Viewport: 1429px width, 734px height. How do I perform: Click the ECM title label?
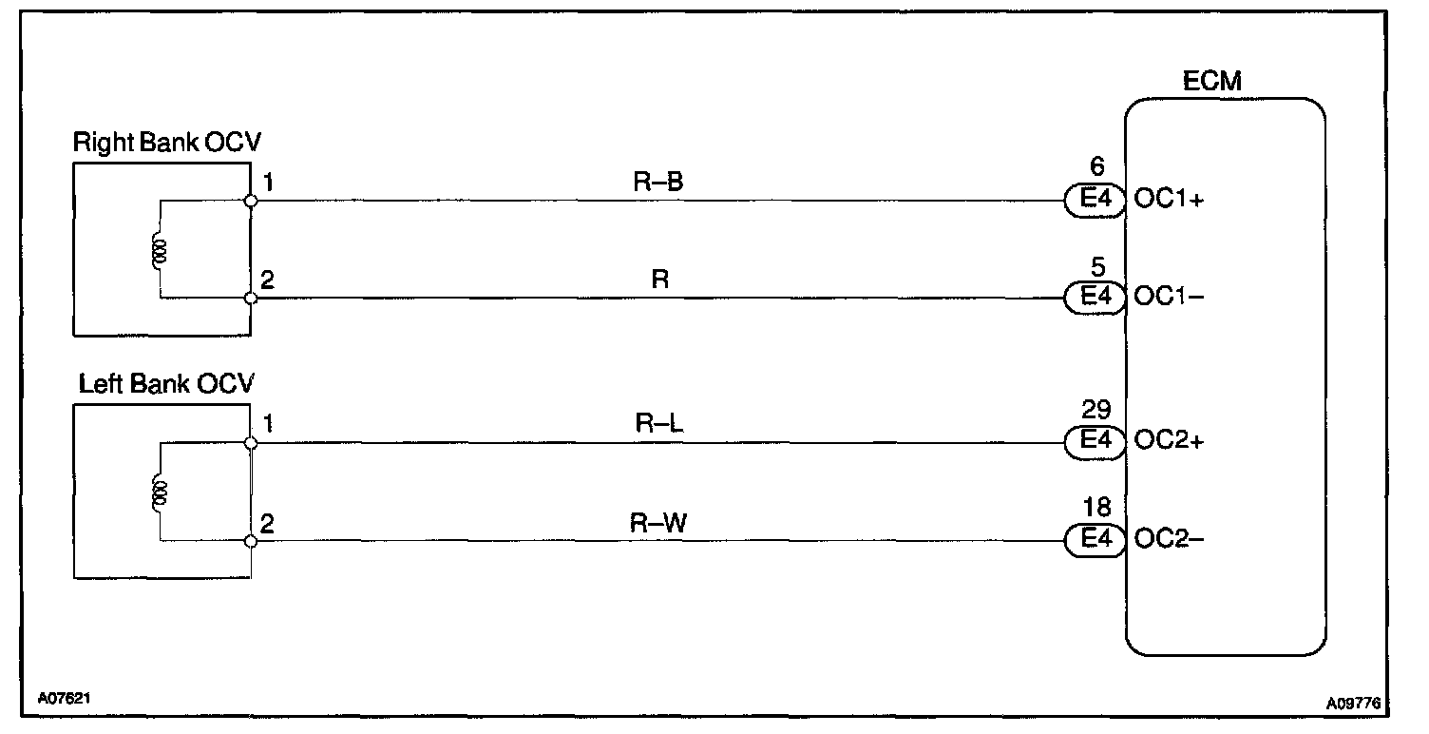pos(1211,81)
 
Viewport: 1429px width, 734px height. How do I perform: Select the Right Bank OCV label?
pos(167,143)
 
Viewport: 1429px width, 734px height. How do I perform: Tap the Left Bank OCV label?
pos(167,384)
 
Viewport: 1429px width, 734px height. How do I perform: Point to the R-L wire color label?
pos(657,424)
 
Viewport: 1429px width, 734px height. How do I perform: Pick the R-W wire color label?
pos(657,522)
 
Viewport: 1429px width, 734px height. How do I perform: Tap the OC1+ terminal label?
pos(1170,202)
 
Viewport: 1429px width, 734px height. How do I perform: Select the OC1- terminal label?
pos(1170,298)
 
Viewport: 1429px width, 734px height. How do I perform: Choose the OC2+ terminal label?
pos(1170,442)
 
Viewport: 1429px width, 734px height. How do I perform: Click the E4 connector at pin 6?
pos(1096,202)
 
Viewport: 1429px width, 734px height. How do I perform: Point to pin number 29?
pos(1096,411)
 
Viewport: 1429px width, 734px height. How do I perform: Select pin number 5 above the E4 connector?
pos(1097,267)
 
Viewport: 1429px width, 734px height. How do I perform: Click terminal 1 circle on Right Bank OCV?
pos(250,202)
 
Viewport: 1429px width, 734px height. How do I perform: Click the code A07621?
pos(66,697)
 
